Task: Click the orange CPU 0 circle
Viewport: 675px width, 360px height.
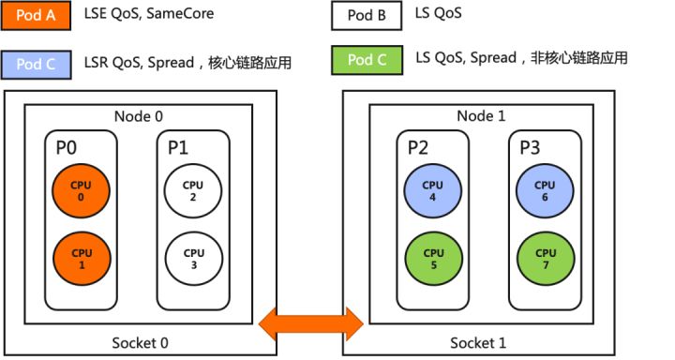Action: (x=81, y=191)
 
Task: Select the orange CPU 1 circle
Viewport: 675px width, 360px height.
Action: (x=81, y=258)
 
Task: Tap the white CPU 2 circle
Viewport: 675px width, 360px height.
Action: (x=193, y=191)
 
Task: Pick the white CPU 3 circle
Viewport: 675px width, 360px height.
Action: (x=193, y=258)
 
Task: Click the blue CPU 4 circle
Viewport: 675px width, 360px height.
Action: (x=433, y=191)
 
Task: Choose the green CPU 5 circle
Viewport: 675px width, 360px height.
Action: (x=433, y=258)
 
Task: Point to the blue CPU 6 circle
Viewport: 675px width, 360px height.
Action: (x=544, y=191)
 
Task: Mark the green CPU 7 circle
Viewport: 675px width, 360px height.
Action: (x=544, y=258)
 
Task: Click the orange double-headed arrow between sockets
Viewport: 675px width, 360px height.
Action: (x=311, y=323)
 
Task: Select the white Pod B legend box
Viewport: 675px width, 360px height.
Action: (x=367, y=16)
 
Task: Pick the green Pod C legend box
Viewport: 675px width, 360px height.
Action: (x=367, y=62)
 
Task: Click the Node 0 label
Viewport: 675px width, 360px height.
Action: (x=139, y=116)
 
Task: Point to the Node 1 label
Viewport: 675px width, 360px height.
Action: (x=480, y=116)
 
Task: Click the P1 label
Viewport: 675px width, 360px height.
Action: (x=178, y=147)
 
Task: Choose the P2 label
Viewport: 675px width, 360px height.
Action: (x=418, y=147)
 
